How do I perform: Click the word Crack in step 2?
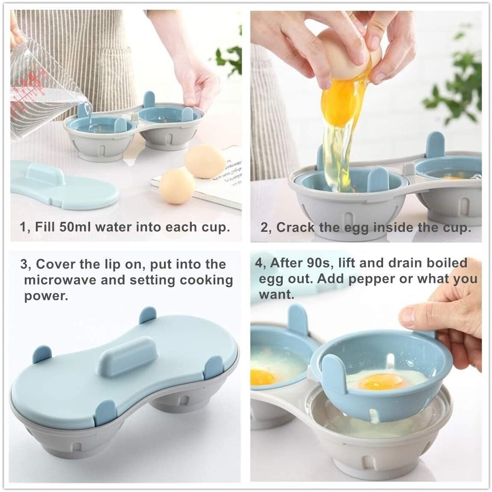[295, 227]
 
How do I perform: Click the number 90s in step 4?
[328, 263]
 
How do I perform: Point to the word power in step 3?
[46, 296]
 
